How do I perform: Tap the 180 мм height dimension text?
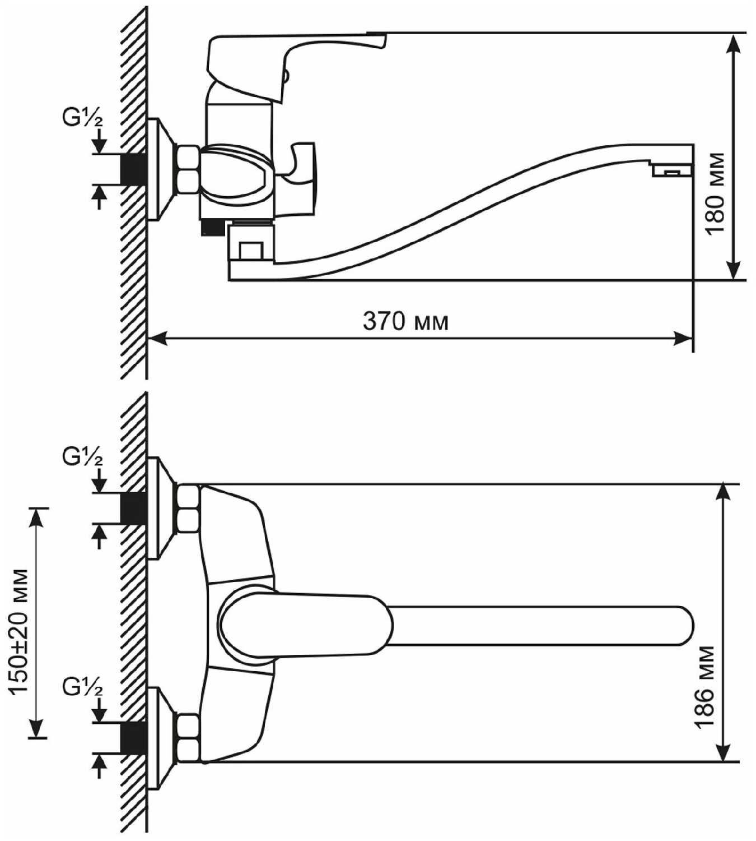(715, 199)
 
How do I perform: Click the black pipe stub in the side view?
(134, 169)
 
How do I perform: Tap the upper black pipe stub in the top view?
(134, 509)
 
